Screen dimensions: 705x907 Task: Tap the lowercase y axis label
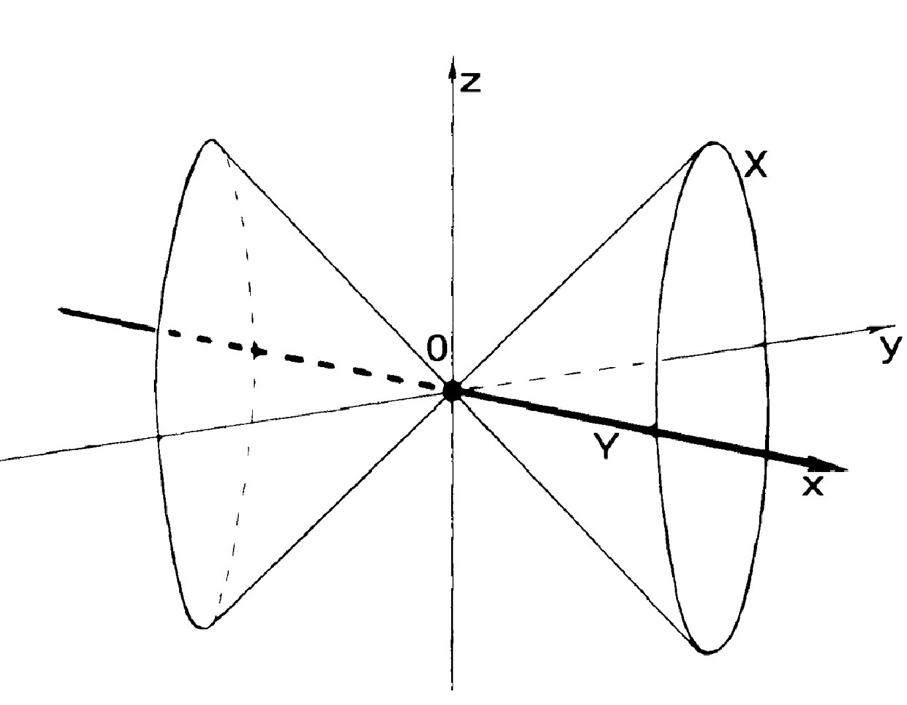point(892,348)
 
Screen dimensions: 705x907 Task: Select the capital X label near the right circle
point(756,165)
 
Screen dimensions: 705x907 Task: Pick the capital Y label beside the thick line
point(606,449)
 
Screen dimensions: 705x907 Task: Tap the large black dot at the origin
point(452,390)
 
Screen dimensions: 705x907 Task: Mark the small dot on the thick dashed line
point(256,351)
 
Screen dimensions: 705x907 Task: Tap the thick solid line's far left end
point(61,309)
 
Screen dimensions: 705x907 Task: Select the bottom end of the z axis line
point(452,688)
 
